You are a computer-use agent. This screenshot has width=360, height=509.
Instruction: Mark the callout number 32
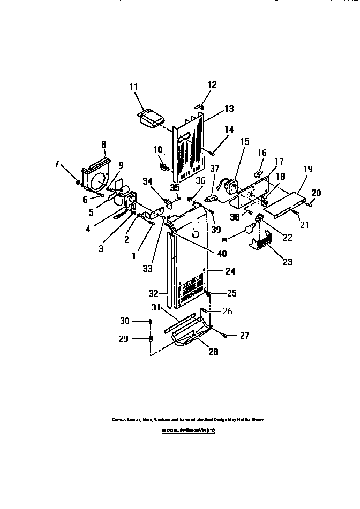click(x=153, y=293)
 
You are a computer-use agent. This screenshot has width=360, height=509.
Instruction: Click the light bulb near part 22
click(x=248, y=230)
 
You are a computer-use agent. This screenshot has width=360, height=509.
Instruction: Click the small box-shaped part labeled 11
click(x=151, y=118)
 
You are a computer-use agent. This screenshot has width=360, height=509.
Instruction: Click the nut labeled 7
click(x=78, y=182)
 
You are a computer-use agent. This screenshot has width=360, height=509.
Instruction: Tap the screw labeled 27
click(x=224, y=336)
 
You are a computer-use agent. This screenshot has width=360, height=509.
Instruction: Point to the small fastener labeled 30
click(x=151, y=321)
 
